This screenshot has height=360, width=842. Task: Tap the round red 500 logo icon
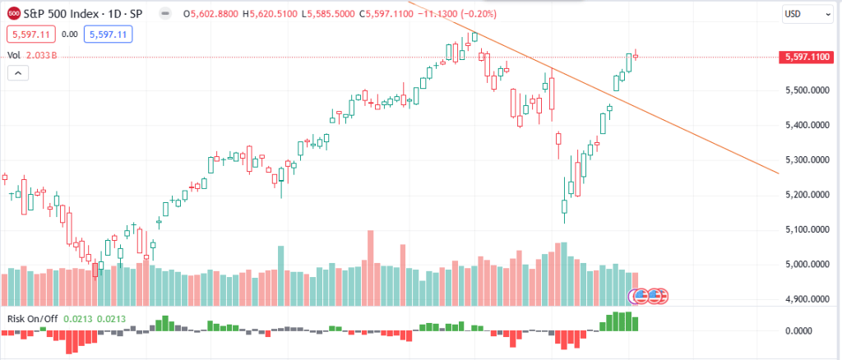tap(14, 14)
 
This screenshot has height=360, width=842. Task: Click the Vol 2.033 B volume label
tap(31, 55)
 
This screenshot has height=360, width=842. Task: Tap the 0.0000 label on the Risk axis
tap(800, 330)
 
